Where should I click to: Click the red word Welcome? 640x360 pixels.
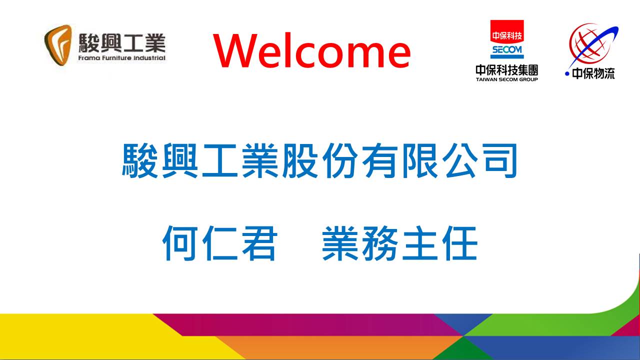point(311,50)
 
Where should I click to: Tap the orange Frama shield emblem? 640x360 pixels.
point(58,45)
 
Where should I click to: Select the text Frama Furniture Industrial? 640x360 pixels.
point(121,58)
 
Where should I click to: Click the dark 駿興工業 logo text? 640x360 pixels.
point(122,43)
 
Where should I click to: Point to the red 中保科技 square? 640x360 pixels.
point(507,31)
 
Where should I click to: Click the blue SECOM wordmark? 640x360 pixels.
point(507,50)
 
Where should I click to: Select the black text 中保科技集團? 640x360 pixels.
point(506,70)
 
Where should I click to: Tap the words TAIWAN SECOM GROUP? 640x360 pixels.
point(506,79)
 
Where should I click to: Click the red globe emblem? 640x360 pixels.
point(588,44)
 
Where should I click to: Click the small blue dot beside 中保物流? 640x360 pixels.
point(567,74)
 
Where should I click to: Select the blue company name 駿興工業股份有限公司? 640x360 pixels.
point(319,160)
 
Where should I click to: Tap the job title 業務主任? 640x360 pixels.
point(399,243)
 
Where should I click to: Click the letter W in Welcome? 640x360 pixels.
point(235,50)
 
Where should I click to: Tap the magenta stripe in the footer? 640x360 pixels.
point(308,325)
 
